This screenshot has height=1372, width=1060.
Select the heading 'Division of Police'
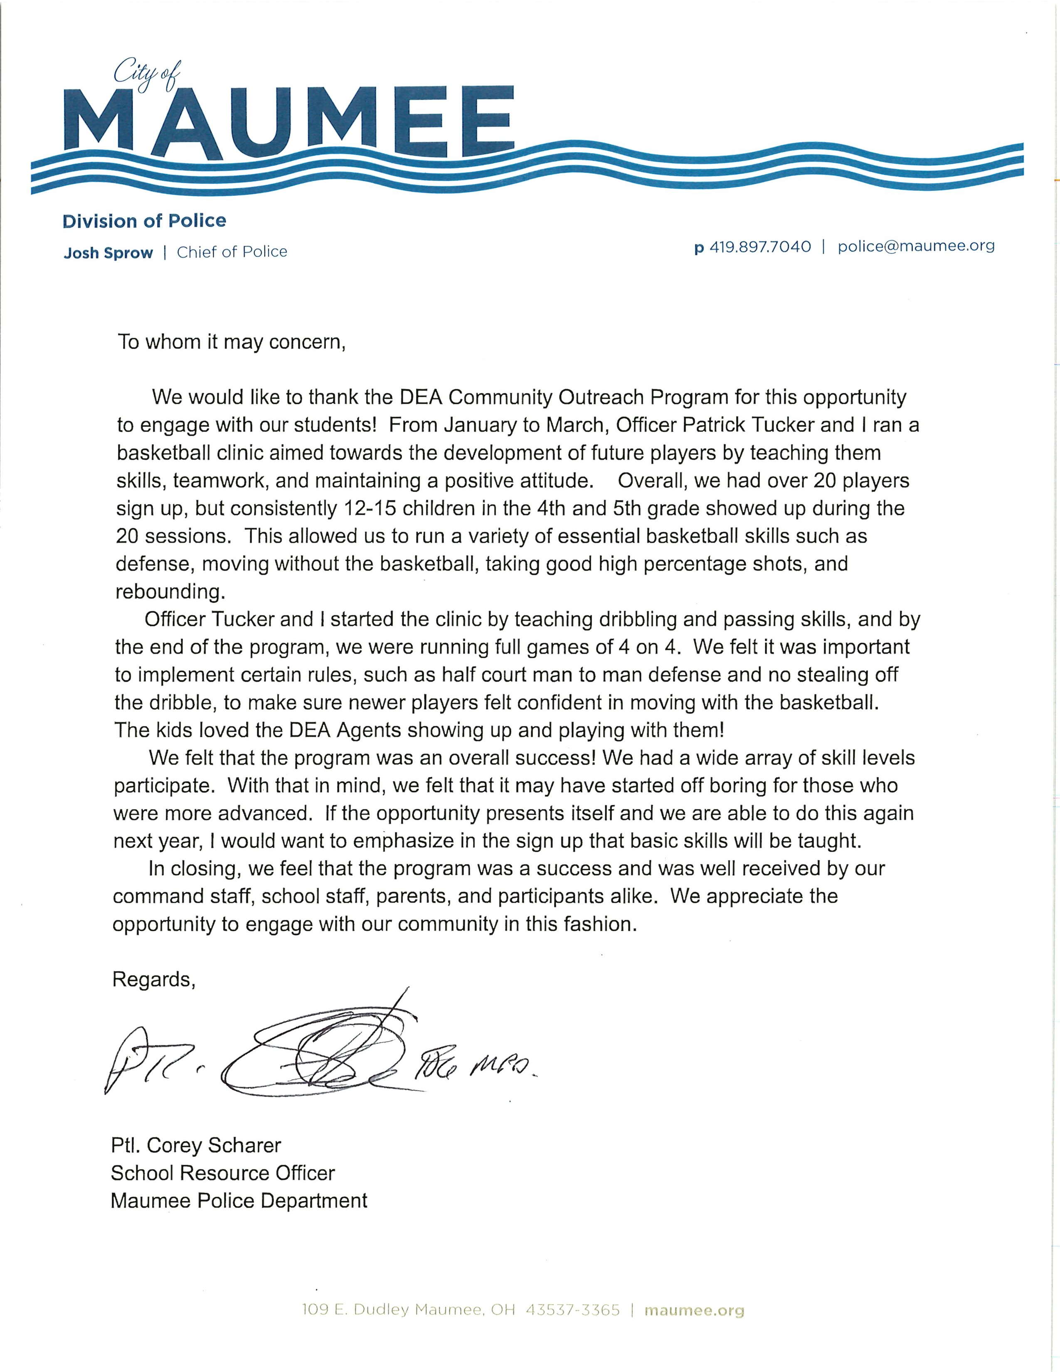144,221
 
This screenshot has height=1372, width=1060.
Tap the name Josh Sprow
108,253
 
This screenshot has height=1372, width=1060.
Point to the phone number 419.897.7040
760,247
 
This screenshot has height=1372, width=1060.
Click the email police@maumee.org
916,246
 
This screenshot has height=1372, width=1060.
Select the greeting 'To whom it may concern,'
232,342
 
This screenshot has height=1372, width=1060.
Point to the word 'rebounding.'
170,592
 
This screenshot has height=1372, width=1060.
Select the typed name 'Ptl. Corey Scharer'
196,1145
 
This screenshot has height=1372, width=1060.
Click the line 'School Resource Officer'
223,1173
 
